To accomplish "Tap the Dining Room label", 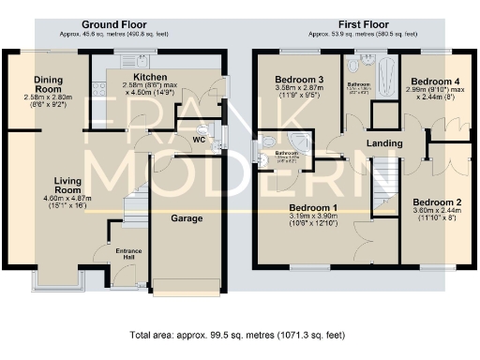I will (48, 81).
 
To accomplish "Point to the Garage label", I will (186, 217).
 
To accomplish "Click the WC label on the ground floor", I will (199, 140).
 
